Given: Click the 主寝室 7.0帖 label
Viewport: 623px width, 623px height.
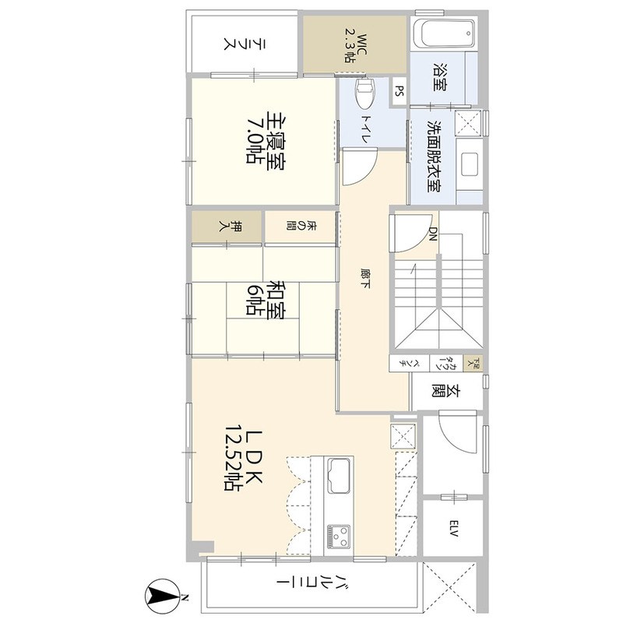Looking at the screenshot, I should [265, 139].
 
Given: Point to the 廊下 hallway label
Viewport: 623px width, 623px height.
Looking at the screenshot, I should [364, 279].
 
